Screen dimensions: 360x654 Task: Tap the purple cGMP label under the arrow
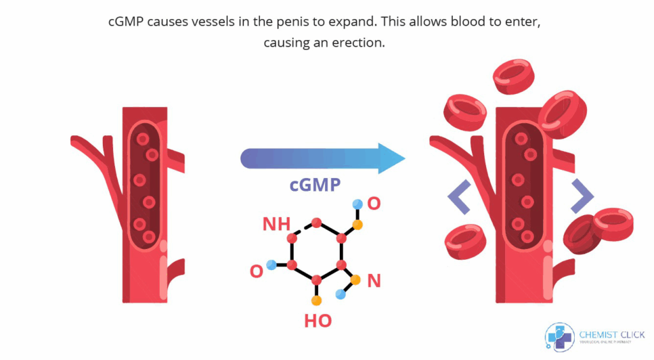(x=315, y=185)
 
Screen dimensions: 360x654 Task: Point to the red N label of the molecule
(x=374, y=281)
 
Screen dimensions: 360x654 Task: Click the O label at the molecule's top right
(x=374, y=203)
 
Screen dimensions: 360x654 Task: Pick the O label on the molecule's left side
(x=257, y=271)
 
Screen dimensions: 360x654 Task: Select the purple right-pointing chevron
(x=582, y=196)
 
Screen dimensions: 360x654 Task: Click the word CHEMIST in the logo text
(x=594, y=334)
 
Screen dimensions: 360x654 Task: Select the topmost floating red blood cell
(x=514, y=76)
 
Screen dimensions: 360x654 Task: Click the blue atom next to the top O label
(x=357, y=202)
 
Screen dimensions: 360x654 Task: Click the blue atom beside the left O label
(x=271, y=265)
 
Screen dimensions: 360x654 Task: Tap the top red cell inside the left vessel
(x=142, y=138)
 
